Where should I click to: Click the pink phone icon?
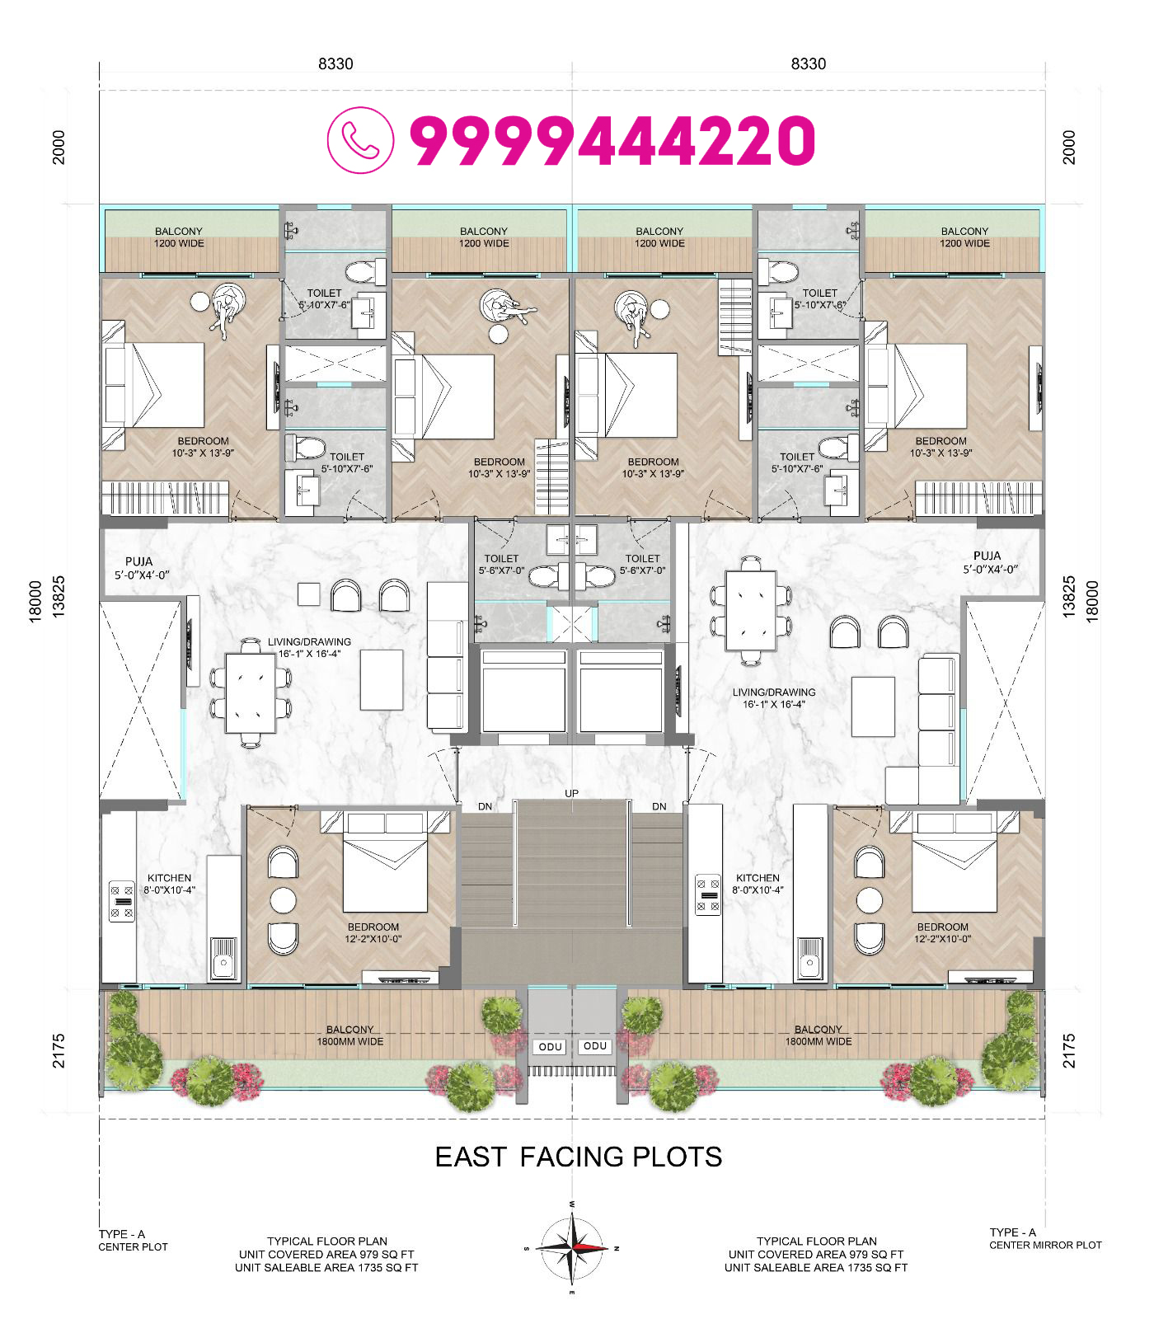click(360, 140)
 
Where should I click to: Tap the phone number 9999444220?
click(612, 141)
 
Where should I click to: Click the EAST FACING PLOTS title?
click(579, 1157)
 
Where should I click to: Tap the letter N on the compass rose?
click(617, 1248)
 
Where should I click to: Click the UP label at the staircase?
click(572, 793)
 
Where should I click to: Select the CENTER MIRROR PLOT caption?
click(1045, 1245)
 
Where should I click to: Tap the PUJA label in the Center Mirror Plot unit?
click(987, 556)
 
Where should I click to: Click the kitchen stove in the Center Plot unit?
click(122, 901)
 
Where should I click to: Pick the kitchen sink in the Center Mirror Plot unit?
click(809, 959)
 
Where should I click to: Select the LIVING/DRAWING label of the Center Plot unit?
click(309, 641)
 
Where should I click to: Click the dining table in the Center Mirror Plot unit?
click(751, 611)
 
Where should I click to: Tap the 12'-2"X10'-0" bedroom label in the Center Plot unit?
click(373, 939)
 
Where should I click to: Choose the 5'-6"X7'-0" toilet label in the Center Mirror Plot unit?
click(643, 570)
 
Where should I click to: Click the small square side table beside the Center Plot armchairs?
click(309, 594)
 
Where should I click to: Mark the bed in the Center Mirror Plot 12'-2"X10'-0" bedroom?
click(955, 861)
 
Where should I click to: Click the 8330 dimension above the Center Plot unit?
click(335, 64)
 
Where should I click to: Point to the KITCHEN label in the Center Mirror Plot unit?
click(758, 878)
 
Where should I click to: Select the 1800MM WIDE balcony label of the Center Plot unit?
click(350, 1041)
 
